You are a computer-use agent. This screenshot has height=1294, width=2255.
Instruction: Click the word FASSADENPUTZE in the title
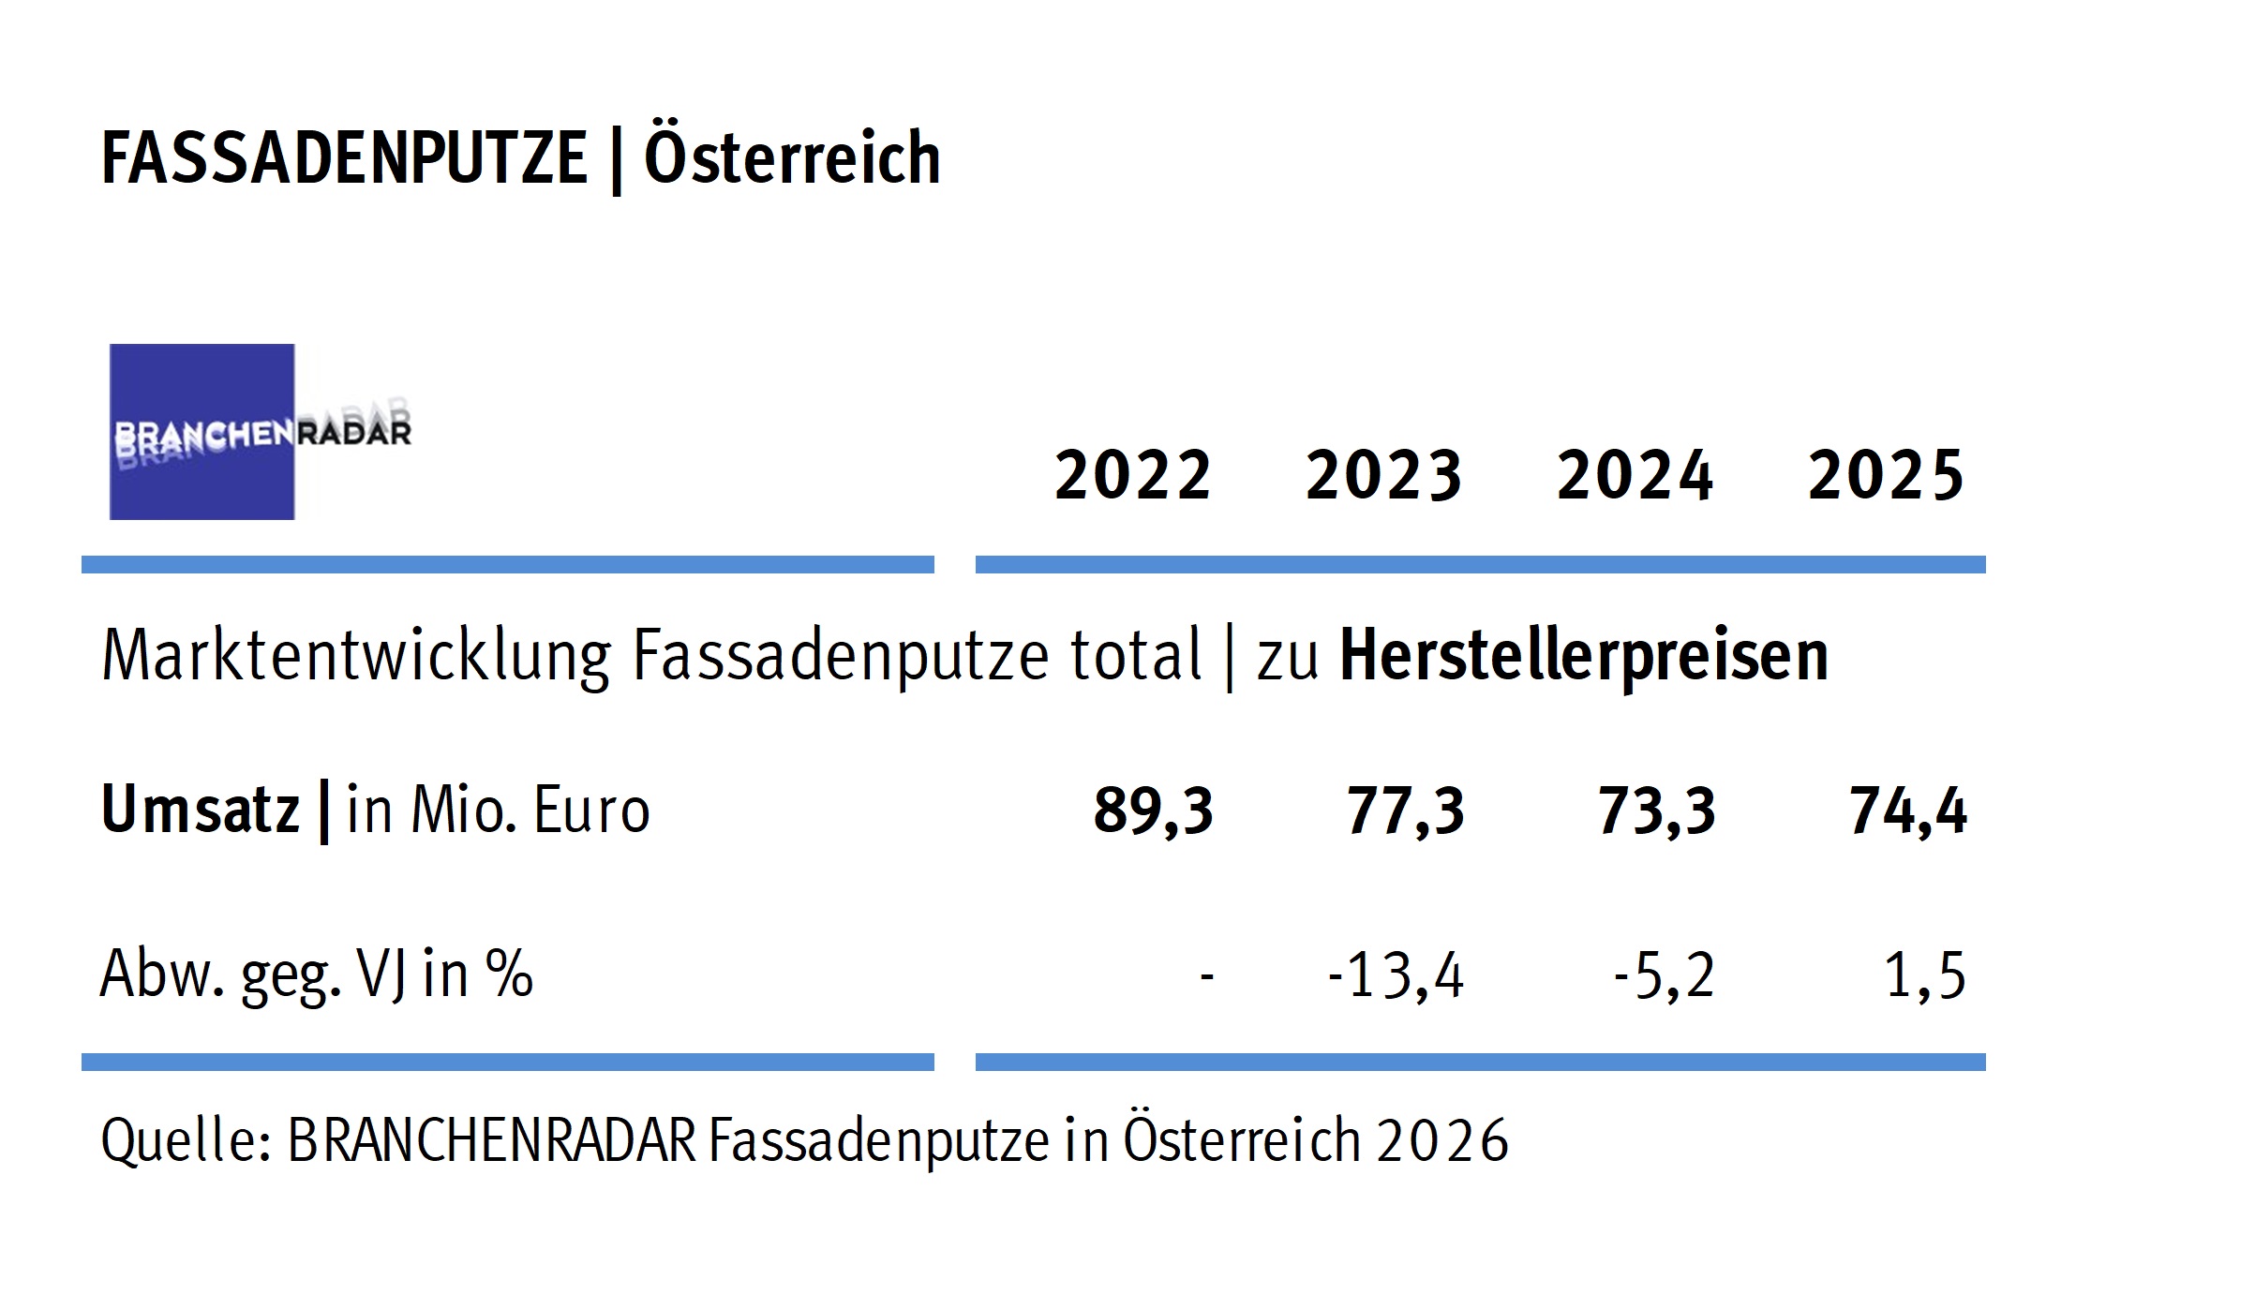(x=344, y=158)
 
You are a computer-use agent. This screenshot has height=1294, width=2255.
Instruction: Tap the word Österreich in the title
(x=792, y=158)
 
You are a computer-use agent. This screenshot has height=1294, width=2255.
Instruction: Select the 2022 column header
(x=1133, y=475)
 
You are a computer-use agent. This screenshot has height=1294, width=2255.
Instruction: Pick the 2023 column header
(x=1383, y=475)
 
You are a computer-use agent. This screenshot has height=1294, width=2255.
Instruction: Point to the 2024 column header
(x=1635, y=475)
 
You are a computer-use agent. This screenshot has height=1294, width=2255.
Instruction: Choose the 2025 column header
(x=1885, y=475)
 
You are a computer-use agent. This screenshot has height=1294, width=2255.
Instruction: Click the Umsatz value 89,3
(x=1153, y=811)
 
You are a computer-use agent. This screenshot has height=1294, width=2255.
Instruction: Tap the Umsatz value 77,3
(x=1405, y=811)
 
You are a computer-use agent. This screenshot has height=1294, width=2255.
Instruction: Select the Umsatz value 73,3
(x=1656, y=811)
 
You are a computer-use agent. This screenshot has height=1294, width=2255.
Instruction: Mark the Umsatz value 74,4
(x=1907, y=811)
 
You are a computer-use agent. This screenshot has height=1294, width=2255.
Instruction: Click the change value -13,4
(x=1396, y=975)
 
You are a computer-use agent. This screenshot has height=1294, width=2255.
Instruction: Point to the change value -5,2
(x=1664, y=975)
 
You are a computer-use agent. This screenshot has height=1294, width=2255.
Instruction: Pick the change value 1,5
(x=1924, y=975)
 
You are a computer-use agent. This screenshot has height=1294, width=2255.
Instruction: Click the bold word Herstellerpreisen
(x=1584, y=655)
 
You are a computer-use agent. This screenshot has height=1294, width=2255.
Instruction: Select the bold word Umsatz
(x=200, y=810)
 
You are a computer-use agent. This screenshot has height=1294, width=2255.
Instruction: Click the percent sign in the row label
(x=510, y=974)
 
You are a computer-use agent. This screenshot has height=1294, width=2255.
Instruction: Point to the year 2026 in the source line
(x=1442, y=1141)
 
